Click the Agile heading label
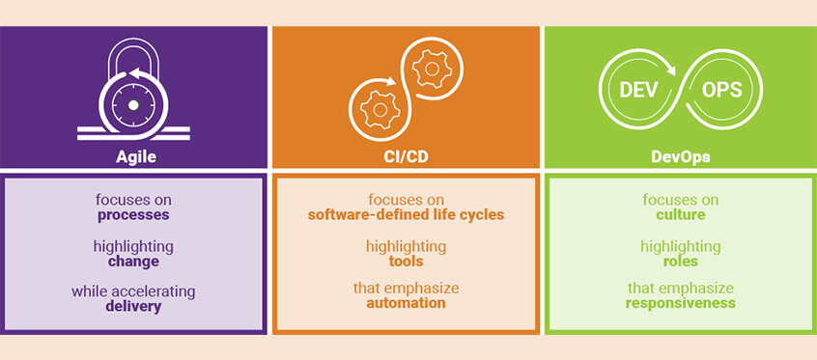click(133, 156)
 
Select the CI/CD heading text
click(406, 156)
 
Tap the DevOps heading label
click(680, 156)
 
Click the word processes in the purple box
click(133, 215)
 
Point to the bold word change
click(133, 262)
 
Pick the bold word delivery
click(133, 307)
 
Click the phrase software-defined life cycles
click(406, 215)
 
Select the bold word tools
click(406, 262)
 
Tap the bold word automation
click(406, 303)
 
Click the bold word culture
click(680, 215)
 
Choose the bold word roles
click(680, 262)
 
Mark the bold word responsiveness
click(680, 303)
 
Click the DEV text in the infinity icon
click(638, 90)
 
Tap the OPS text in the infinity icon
click(722, 90)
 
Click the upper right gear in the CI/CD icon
click(428, 69)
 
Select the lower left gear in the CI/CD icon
click(380, 109)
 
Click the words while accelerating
click(133, 291)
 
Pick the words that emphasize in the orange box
click(406, 288)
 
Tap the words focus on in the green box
click(680, 200)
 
